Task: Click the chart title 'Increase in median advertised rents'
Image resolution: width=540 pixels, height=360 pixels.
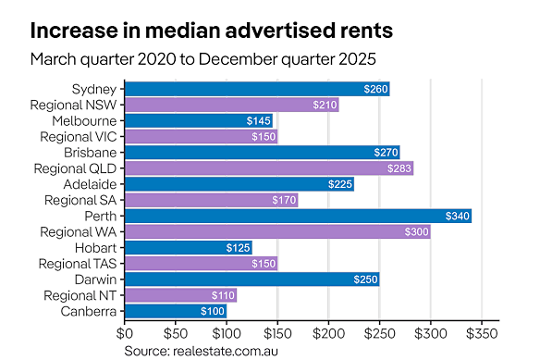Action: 212,30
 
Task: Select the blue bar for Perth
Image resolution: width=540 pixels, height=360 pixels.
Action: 298,216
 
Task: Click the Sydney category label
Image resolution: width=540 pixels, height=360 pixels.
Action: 94,90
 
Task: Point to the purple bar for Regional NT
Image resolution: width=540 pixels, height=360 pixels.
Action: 180,294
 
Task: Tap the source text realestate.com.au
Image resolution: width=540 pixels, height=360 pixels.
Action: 202,351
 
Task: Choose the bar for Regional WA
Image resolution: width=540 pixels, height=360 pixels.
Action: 277,231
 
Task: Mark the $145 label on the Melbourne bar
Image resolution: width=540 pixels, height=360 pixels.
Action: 259,121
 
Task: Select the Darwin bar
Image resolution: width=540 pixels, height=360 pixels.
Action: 252,279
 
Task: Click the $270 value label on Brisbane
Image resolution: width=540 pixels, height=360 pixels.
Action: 386,153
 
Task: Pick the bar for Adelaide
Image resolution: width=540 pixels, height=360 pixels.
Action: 239,184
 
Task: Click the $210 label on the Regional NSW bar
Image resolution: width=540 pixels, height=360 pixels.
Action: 324,106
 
